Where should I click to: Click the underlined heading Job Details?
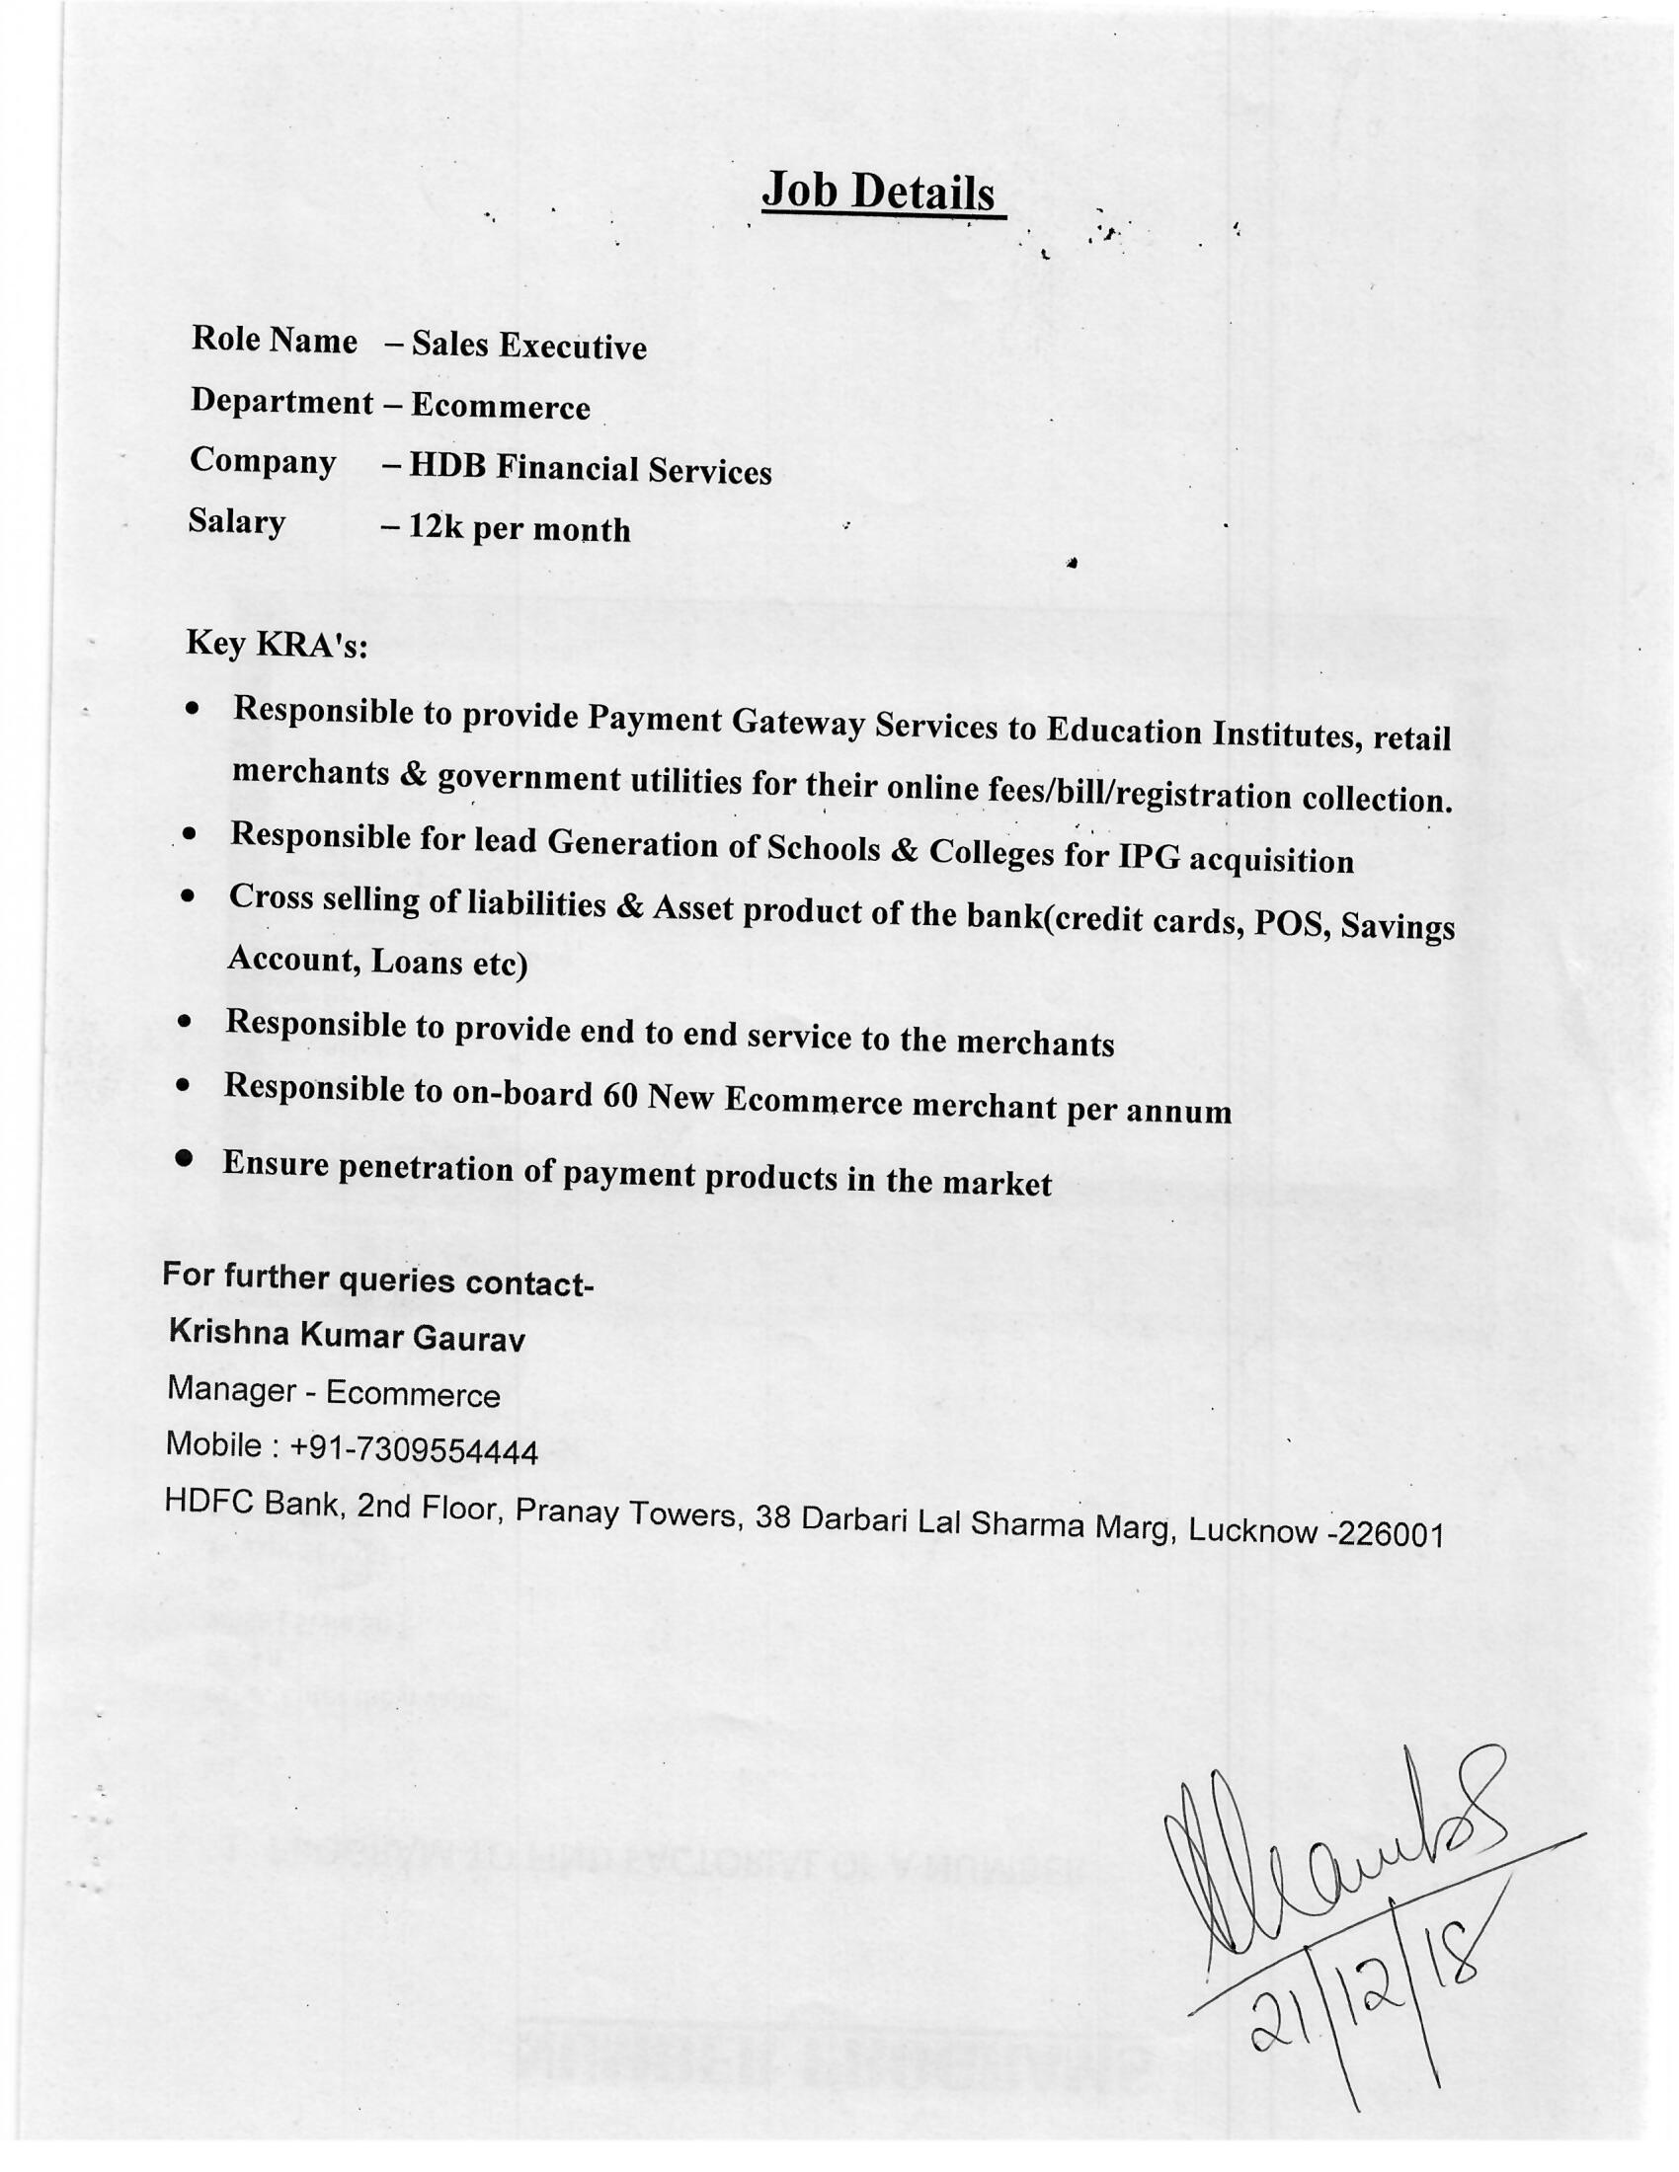879,192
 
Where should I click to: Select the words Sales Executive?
529,347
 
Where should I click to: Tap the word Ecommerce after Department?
501,407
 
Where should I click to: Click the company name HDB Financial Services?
590,468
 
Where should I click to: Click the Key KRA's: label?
277,645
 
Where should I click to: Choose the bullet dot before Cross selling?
188,896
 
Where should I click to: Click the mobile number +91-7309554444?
413,1450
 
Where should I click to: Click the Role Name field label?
275,341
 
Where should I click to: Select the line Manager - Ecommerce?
333,1391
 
